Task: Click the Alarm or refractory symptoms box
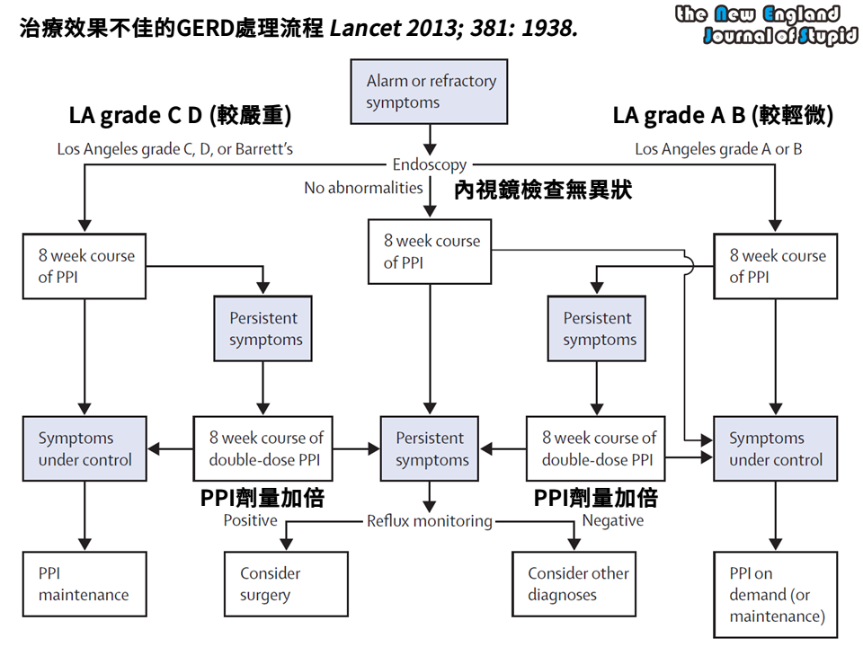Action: coord(430,92)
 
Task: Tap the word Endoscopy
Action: coord(430,164)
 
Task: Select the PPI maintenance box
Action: coord(85,583)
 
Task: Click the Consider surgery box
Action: coord(285,583)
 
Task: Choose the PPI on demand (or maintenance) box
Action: coord(775,594)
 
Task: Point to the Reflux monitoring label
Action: coord(430,520)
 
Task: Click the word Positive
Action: coord(250,520)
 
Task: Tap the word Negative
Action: coord(613,520)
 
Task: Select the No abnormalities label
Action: coord(363,188)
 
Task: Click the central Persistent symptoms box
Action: coord(430,448)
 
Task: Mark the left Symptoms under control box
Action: coord(85,448)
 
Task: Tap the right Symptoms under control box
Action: coord(775,448)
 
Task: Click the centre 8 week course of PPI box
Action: coord(431,252)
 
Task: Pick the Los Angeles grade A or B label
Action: coord(718,149)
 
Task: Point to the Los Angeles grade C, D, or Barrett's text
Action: coord(175,149)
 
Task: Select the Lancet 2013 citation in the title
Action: coord(453,29)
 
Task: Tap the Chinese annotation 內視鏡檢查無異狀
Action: coord(542,191)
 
